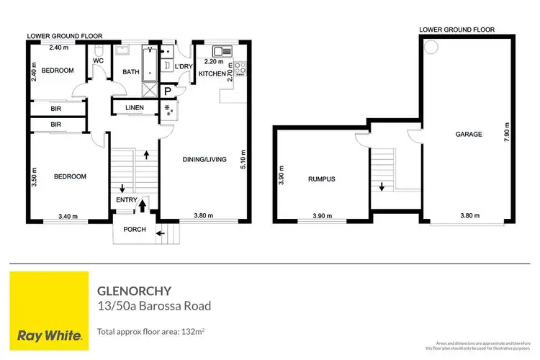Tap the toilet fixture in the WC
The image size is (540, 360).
click(99, 51)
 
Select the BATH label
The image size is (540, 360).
click(130, 71)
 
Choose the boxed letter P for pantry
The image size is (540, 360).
click(167, 91)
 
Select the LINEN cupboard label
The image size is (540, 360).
click(134, 108)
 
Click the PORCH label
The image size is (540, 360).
click(134, 230)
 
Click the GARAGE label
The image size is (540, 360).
click(468, 135)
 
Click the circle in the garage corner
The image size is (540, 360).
click(431, 48)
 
